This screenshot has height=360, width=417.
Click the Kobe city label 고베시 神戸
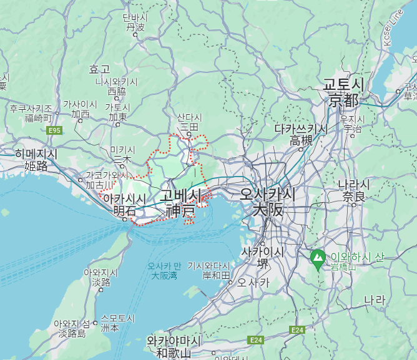tap(180, 203)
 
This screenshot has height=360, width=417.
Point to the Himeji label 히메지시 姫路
tap(36, 160)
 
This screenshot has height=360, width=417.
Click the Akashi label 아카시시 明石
tap(124, 205)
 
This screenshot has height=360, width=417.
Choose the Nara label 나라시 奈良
tap(353, 190)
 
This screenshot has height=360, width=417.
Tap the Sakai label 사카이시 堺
tap(263, 257)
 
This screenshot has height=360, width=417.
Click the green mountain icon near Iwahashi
tap(318, 257)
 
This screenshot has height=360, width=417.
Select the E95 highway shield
tap(55, 130)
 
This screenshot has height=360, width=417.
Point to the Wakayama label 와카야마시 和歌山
tap(174, 347)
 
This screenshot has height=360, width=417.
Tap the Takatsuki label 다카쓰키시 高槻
tap(301, 135)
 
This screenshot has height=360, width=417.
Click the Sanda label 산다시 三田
tap(189, 122)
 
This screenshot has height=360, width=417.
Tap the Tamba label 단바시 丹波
tap(135, 22)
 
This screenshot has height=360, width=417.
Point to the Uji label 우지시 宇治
tap(352, 123)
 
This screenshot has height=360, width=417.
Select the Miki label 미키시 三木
tap(122, 155)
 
